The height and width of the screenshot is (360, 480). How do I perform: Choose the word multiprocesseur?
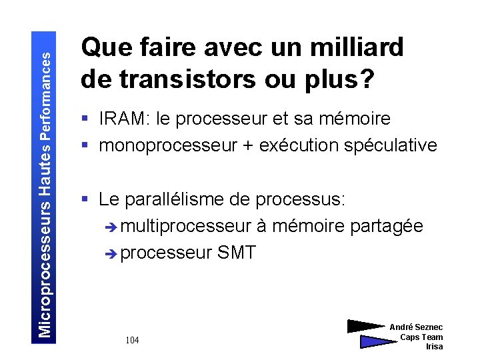[186, 226]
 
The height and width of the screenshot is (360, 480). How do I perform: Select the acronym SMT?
[235, 253]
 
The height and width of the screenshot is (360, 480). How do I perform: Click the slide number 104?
[132, 341]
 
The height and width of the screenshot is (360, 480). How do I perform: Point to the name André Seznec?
[416, 327]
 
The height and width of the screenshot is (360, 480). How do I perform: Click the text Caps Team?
[421, 337]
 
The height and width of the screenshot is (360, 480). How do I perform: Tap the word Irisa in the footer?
[434, 347]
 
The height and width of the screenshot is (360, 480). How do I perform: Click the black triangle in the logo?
[366, 327]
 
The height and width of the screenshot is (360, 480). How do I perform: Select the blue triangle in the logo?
[377, 342]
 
